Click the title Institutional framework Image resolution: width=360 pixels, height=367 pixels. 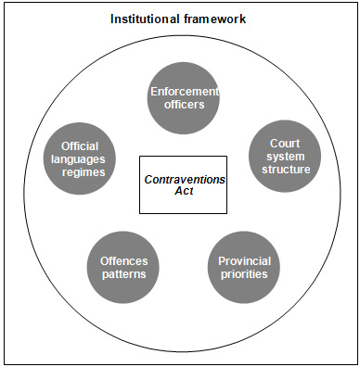coord(179,19)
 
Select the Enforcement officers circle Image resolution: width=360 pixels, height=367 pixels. coord(183,97)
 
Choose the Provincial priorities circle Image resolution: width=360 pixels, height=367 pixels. coord(243,268)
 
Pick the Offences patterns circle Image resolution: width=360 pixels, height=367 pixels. coord(123,268)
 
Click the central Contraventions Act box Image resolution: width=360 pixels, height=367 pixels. coord(183,183)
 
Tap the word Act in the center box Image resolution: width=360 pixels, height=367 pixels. coord(183,191)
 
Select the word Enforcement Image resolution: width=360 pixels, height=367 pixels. coord(183,91)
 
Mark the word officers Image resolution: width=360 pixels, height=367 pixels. coord(183,105)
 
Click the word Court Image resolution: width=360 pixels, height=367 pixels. coord(283,144)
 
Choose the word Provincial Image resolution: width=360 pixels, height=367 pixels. coord(243,261)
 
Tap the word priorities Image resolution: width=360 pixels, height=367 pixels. coord(243,275)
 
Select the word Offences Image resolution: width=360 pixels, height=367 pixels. coord(123,261)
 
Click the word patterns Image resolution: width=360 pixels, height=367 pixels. coord(123,275)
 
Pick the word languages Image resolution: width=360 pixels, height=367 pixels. coord(81,159)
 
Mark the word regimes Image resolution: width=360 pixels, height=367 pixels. coord(81,173)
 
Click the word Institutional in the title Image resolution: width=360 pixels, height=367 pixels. coord(146,19)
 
